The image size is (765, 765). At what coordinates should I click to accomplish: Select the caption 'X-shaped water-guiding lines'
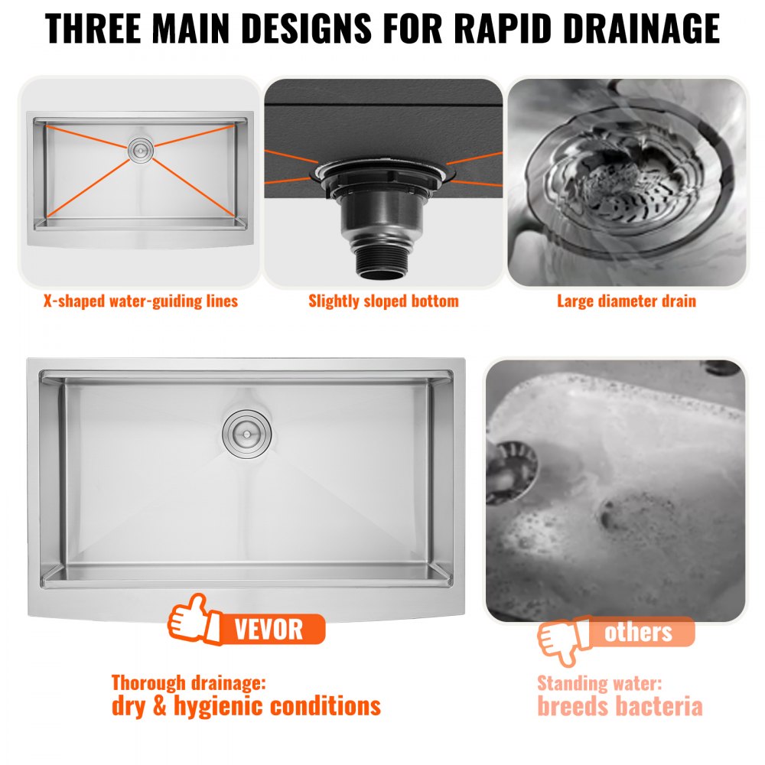(140, 301)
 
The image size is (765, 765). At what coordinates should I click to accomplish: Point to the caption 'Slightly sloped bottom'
(383, 301)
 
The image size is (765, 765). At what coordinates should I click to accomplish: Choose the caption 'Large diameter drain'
(626, 301)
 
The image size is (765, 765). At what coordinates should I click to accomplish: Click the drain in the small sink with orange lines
(141, 148)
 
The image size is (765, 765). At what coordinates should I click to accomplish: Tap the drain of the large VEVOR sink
(244, 431)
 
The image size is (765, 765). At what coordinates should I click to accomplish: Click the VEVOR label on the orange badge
(269, 630)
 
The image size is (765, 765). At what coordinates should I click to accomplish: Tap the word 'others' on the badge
(638, 632)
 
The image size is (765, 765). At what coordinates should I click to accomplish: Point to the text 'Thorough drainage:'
(190, 682)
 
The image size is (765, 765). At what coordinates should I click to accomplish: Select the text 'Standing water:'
(599, 683)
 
